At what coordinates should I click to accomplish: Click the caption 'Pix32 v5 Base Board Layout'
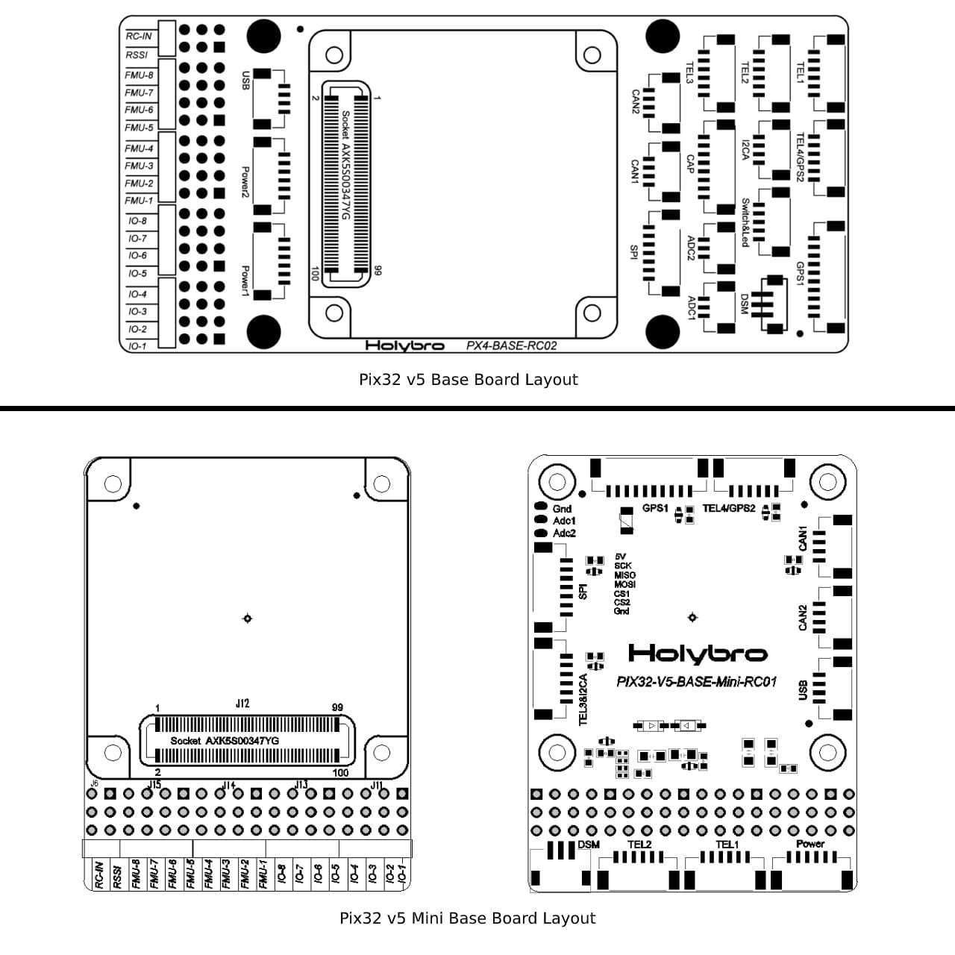pyautogui.click(x=468, y=380)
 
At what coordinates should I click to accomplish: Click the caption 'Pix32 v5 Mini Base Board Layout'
pyautogui.click(x=467, y=918)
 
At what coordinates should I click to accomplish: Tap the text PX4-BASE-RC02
pyautogui.click(x=511, y=345)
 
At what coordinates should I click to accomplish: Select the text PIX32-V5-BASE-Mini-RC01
pyautogui.click(x=696, y=682)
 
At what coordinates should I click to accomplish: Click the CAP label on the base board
pyautogui.click(x=690, y=165)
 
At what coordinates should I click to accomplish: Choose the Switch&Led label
pyautogui.click(x=745, y=222)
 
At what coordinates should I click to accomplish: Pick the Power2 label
pyautogui.click(x=245, y=182)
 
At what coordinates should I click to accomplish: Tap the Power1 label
pyautogui.click(x=245, y=281)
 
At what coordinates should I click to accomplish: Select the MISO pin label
pyautogui.click(x=624, y=575)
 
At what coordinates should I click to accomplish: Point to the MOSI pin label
pyautogui.click(x=624, y=584)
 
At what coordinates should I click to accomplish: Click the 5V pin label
pyautogui.click(x=621, y=557)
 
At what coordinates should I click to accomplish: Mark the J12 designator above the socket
pyautogui.click(x=242, y=704)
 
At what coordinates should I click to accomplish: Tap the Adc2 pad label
pyautogui.click(x=564, y=533)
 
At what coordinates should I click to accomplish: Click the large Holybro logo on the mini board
pyautogui.click(x=697, y=654)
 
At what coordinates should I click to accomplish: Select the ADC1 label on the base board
pyautogui.click(x=692, y=307)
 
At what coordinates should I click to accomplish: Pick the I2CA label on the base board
pyautogui.click(x=745, y=150)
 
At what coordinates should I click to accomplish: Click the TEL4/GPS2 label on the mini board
pyautogui.click(x=729, y=509)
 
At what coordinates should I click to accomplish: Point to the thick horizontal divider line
pyautogui.click(x=477, y=408)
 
